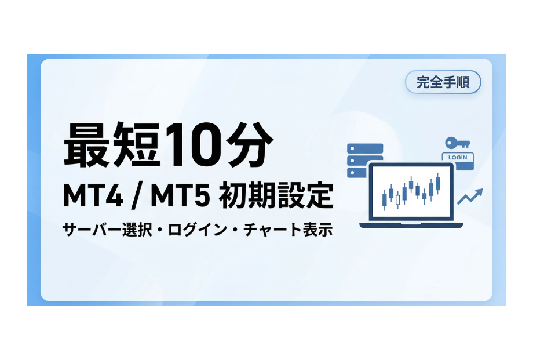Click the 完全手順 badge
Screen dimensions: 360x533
point(443,82)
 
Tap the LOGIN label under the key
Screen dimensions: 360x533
point(458,157)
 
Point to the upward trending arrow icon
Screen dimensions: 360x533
point(470,197)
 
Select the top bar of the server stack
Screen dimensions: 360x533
point(365,148)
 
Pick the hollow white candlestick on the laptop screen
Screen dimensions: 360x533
point(398,199)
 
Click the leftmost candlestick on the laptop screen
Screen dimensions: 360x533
point(384,199)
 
